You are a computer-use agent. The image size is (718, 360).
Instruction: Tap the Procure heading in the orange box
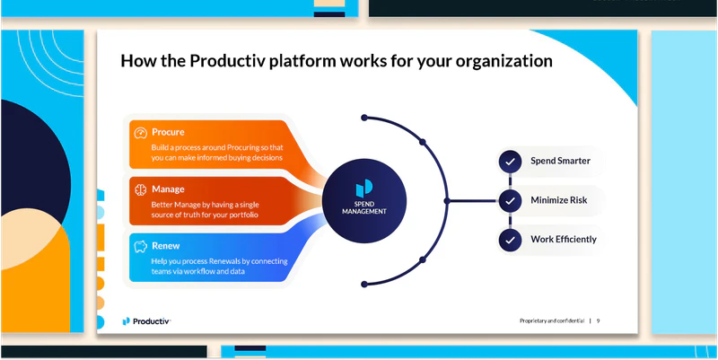169,132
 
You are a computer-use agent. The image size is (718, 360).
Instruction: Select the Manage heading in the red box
169,189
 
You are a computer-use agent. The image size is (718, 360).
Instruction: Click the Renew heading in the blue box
166,245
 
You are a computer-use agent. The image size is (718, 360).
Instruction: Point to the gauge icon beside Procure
140,133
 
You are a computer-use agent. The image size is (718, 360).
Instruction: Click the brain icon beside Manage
140,189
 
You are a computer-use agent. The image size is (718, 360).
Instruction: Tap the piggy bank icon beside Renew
140,245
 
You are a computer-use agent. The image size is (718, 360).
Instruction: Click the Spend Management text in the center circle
364,207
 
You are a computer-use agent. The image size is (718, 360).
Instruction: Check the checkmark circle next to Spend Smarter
510,162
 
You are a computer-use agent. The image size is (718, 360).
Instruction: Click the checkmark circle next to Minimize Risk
510,200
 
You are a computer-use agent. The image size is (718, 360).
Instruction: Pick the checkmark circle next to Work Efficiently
510,240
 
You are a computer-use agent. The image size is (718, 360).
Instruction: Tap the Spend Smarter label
560,162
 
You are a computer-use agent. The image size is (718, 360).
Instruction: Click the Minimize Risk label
558,200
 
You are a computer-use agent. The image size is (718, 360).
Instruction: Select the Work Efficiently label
563,240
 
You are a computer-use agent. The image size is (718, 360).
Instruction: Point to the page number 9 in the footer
599,320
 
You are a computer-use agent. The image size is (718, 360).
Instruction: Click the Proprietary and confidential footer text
551,320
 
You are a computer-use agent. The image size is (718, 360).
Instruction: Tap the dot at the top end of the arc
363,117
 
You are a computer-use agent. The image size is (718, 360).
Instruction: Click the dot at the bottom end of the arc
363,285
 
